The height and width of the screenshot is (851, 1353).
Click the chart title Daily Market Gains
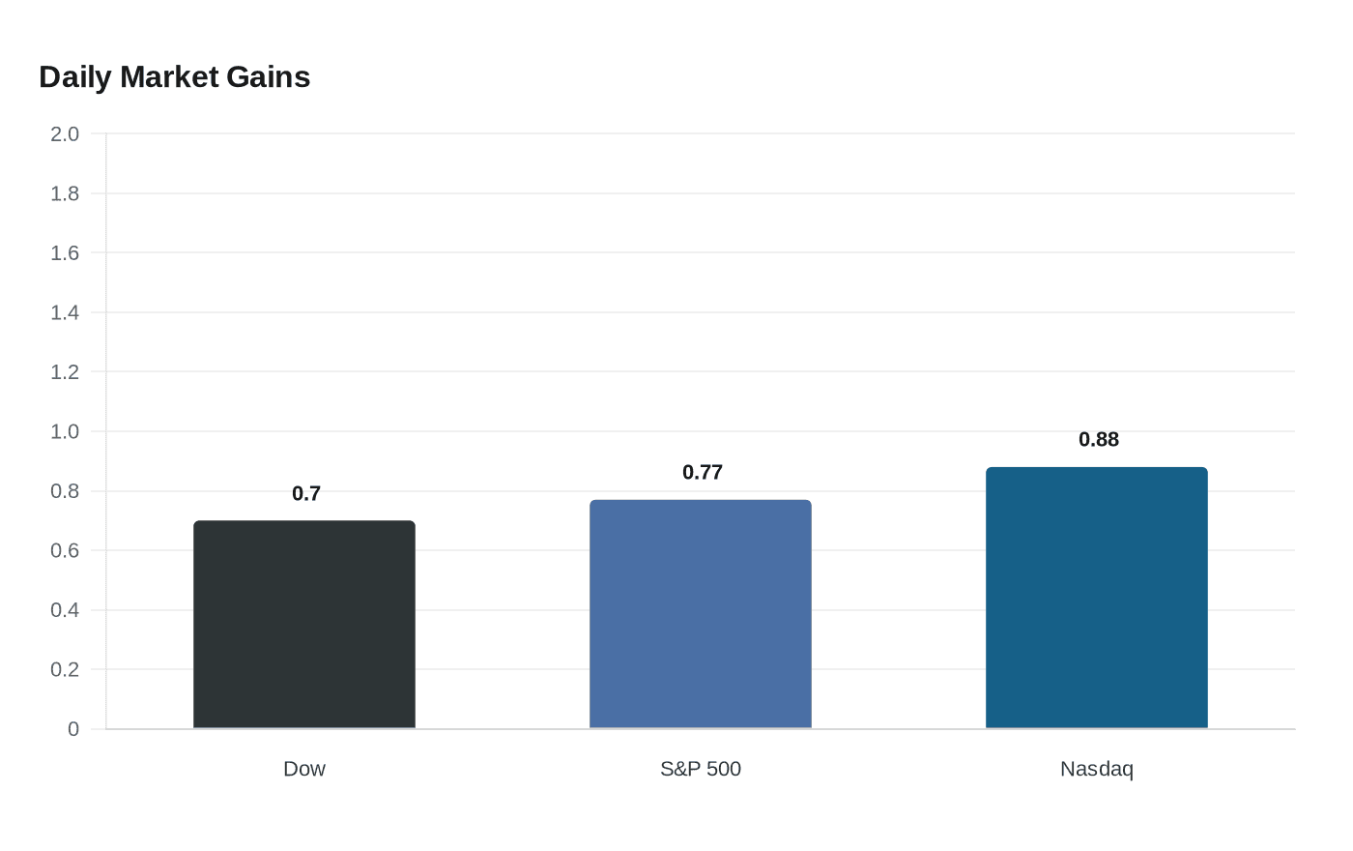(175, 77)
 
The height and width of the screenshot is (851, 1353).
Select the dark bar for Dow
(304, 625)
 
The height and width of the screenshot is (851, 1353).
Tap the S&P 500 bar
(701, 614)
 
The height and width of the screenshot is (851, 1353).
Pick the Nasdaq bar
(1097, 598)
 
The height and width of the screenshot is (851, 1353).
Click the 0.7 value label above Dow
(306, 494)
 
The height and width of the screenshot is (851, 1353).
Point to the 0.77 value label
(703, 473)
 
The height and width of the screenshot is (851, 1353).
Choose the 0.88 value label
(1099, 439)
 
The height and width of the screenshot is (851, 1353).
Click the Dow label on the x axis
(304, 769)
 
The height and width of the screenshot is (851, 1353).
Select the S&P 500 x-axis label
(701, 769)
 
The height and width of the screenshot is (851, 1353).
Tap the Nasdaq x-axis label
(1097, 770)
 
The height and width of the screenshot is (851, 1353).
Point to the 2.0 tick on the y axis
(65, 134)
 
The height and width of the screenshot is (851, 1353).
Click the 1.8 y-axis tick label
(65, 194)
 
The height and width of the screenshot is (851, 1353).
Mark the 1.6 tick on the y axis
(65, 253)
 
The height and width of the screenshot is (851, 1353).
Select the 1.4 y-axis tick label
(65, 312)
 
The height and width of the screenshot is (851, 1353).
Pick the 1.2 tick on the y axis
(65, 372)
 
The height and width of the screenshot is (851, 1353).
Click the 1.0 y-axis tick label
(65, 431)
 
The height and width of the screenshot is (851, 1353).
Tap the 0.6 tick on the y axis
(65, 550)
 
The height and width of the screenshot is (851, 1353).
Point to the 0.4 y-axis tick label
(65, 610)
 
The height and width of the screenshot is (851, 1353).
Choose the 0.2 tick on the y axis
(65, 669)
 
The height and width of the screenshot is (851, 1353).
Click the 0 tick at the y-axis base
(73, 729)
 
